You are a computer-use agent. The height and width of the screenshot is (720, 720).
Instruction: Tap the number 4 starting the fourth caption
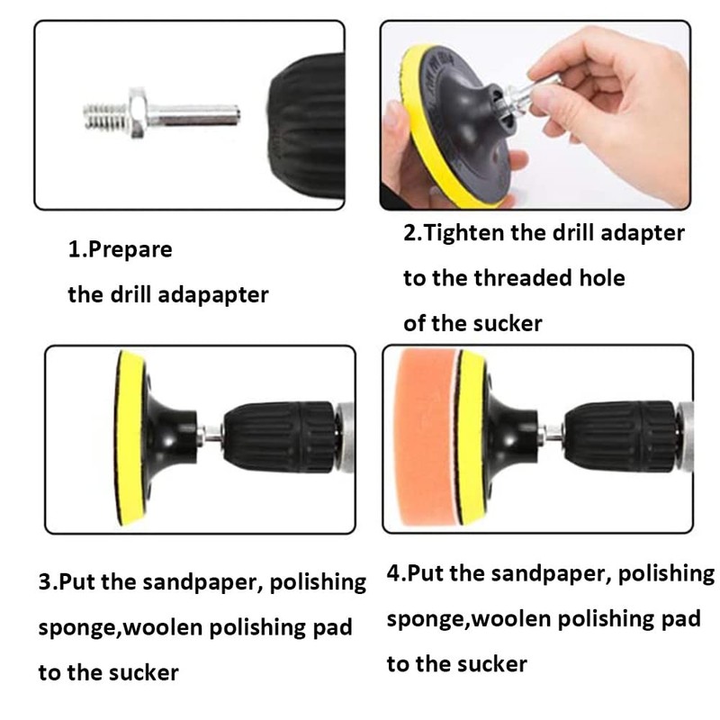[x=393, y=575]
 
